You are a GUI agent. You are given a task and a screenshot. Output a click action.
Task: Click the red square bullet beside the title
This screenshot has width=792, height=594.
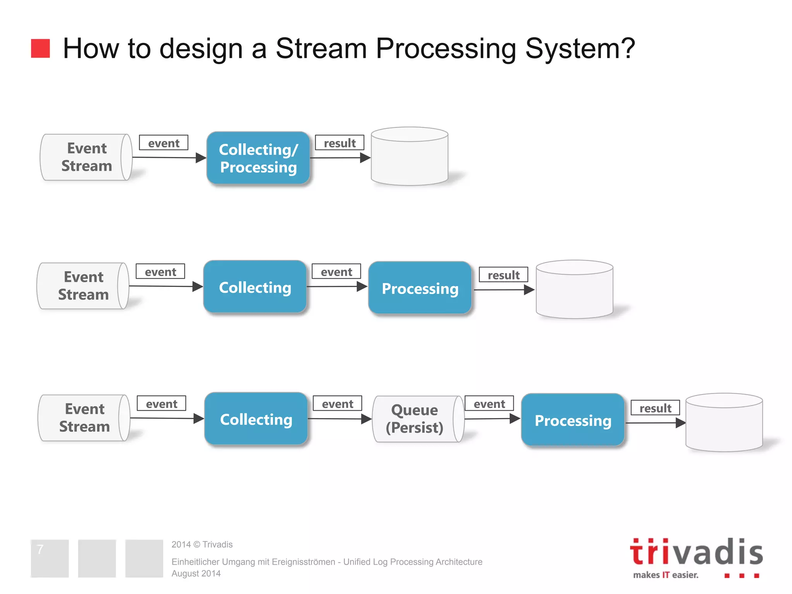(x=40, y=48)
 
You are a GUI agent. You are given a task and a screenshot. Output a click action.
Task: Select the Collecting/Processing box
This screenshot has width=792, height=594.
(x=258, y=158)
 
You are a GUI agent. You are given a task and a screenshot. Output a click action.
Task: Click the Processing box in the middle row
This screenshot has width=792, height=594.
(x=420, y=288)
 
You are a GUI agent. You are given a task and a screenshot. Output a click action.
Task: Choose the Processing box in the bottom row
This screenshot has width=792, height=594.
(x=573, y=420)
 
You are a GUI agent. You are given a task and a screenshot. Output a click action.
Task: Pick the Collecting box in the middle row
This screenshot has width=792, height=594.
(x=255, y=287)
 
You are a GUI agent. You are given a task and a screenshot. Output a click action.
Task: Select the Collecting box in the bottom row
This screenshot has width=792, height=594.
(x=256, y=419)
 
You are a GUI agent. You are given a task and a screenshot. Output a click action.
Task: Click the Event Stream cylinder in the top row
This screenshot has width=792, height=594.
(x=86, y=157)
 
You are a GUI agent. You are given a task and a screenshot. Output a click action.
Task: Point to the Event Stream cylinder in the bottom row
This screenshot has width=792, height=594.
(x=84, y=418)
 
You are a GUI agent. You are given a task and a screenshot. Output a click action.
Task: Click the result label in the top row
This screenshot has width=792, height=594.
(x=340, y=143)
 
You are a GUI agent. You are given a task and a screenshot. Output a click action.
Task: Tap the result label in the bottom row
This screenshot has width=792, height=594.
(x=655, y=408)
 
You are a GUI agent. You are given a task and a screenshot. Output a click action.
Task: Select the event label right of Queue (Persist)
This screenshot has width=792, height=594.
(x=489, y=404)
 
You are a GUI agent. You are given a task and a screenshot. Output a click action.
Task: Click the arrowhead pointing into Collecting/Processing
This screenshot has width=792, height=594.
(x=201, y=158)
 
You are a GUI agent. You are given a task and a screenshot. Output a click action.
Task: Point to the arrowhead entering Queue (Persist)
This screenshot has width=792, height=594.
(x=366, y=419)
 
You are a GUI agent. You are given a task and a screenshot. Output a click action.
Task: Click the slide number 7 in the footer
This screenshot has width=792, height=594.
(x=40, y=550)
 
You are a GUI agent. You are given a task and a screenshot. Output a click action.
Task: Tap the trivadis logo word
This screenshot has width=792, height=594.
(x=696, y=552)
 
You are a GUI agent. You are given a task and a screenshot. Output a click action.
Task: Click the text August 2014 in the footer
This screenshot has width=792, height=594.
(x=196, y=574)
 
